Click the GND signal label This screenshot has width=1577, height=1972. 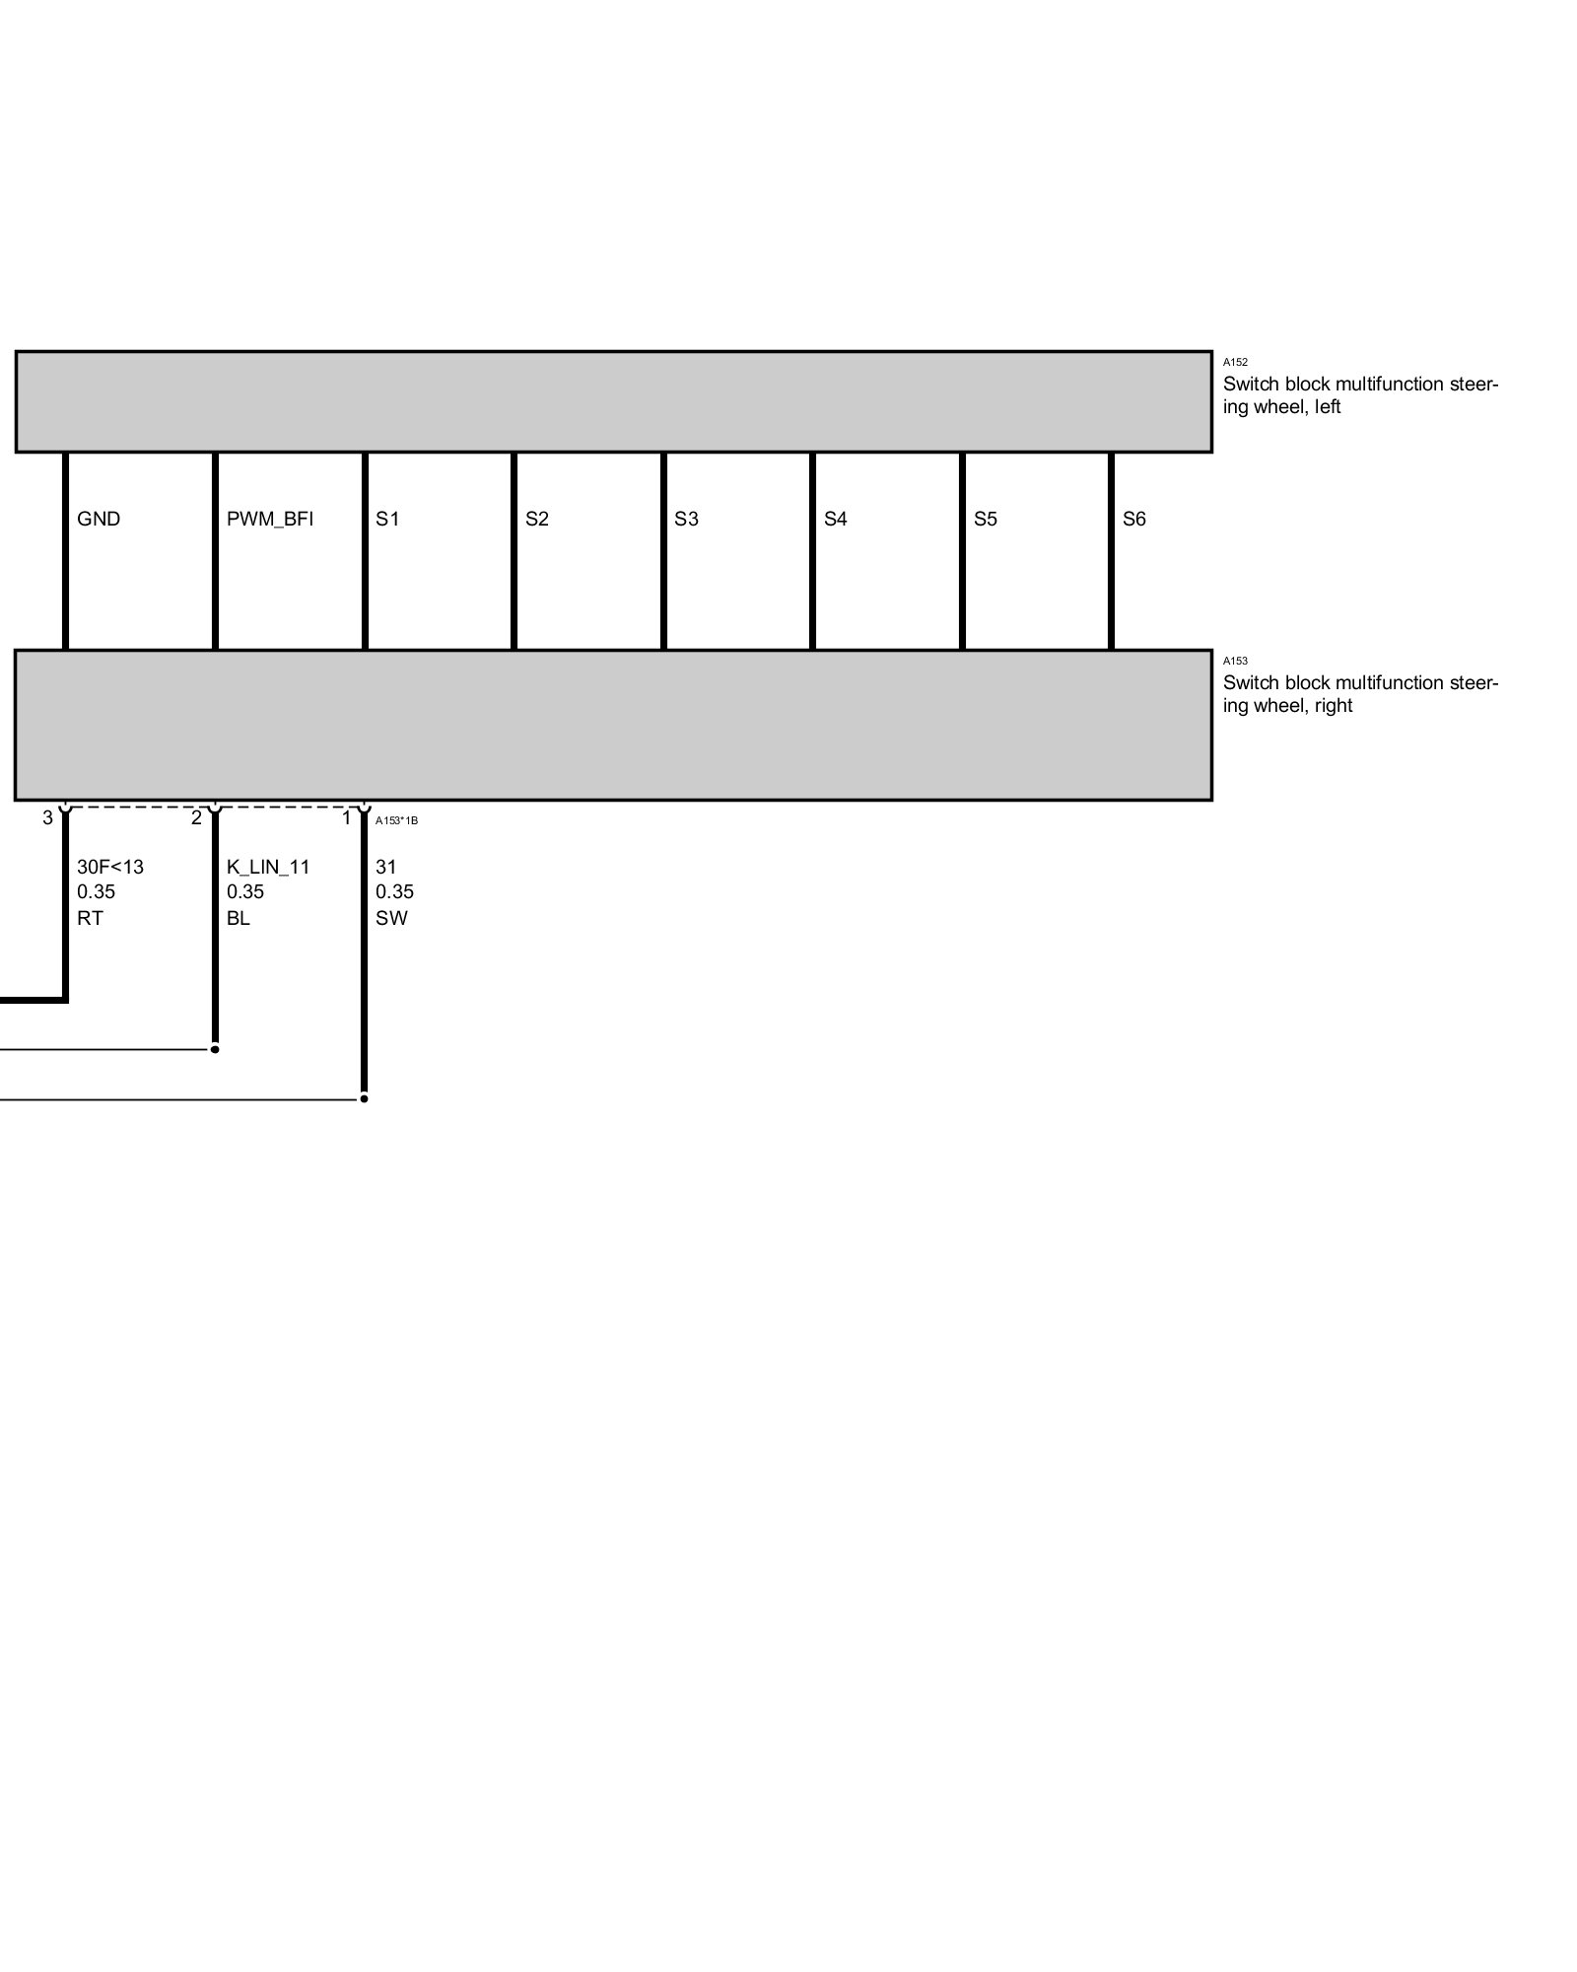tap(99, 519)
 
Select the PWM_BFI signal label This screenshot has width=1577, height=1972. tap(269, 519)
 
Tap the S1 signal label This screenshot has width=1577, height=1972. tap(387, 519)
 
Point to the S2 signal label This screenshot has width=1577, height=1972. tap(536, 519)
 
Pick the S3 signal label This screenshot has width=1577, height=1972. tap(686, 519)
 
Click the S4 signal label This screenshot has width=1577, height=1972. tap(835, 519)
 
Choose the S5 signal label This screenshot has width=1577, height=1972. tap(985, 519)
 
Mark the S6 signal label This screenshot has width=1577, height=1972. tap(1133, 519)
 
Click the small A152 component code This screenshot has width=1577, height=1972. tap(1235, 363)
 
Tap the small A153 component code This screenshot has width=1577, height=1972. tap(1235, 661)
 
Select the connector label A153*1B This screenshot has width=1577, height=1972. tap(396, 820)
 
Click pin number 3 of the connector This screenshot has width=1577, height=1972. tap(47, 817)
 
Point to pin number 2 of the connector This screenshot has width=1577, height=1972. tap(196, 817)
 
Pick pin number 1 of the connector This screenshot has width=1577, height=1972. tap(346, 817)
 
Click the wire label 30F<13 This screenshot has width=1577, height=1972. tap(110, 867)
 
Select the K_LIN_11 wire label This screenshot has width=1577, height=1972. tap(268, 867)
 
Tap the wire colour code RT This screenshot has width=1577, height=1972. tap(90, 918)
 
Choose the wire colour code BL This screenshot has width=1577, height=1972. tap(238, 918)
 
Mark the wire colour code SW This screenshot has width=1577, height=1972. tap(391, 918)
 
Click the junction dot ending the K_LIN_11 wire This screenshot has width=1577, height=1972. tap(215, 1049)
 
